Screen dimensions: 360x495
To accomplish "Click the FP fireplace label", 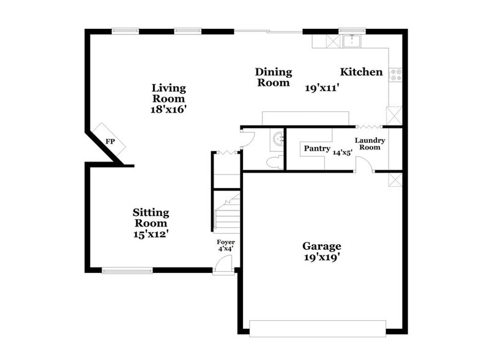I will click(110, 142).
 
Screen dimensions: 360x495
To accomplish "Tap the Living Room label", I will click(168, 93).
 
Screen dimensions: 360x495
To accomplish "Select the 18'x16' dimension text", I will click(168, 110).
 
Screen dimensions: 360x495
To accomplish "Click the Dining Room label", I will click(274, 77).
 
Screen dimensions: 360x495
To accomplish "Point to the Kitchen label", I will click(362, 72).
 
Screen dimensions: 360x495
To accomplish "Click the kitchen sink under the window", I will click(352, 41).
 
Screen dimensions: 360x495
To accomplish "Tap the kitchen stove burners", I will click(396, 75).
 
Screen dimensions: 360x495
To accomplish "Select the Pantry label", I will click(317, 149).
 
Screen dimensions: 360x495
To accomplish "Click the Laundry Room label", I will click(370, 144).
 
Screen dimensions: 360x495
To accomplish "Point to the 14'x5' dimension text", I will click(343, 152).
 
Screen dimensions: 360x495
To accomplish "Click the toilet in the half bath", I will click(274, 162).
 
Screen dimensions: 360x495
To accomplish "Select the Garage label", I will click(322, 246).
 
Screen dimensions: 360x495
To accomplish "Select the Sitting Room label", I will click(151, 217).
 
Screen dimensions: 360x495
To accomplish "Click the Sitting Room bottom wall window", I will click(127, 270).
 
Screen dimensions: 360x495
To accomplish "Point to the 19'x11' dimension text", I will click(322, 88).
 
